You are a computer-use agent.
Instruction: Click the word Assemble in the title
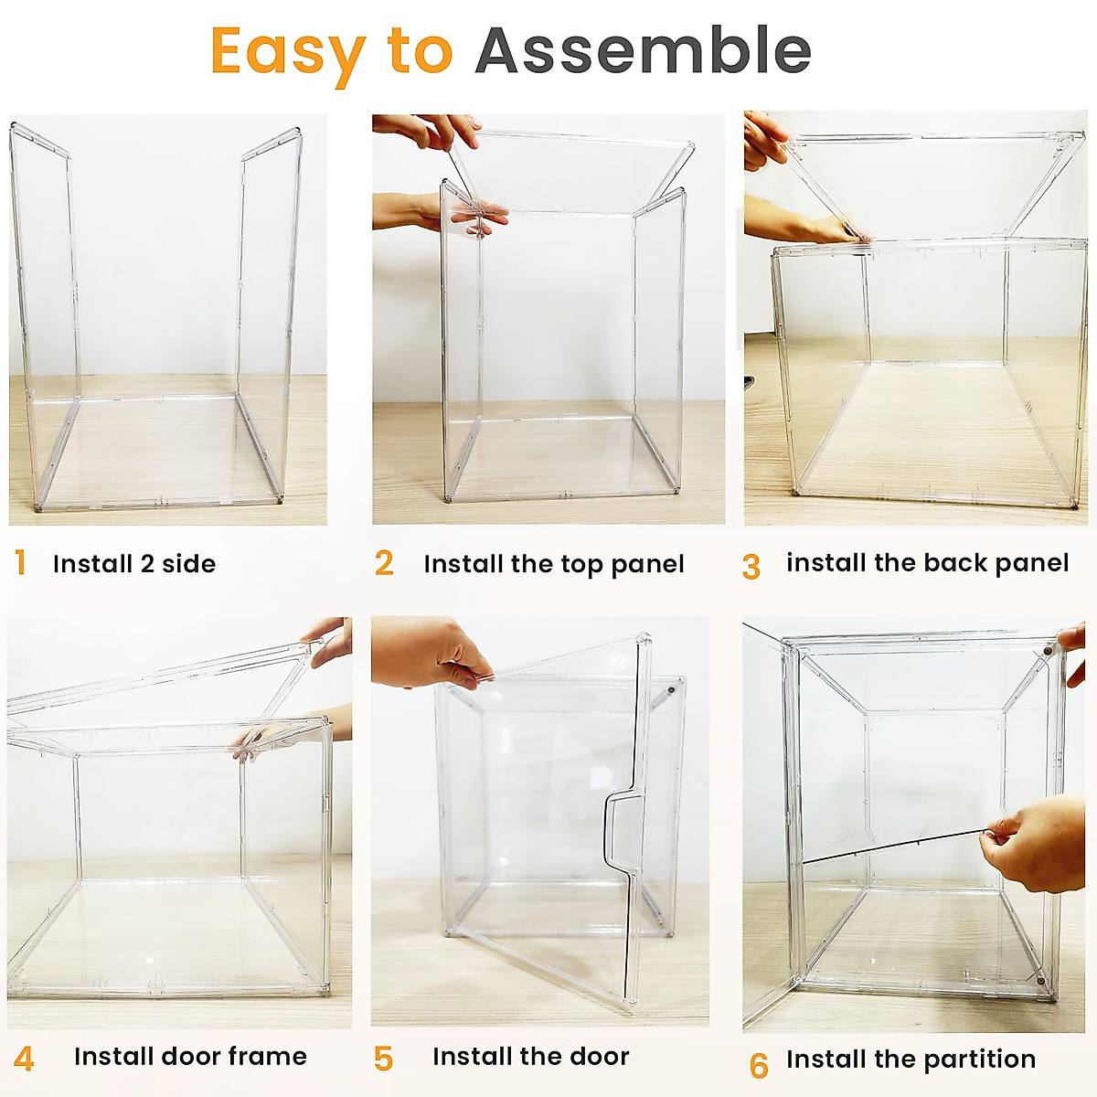click(643, 51)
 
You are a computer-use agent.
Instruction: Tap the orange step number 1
click(20, 563)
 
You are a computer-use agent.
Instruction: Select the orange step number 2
click(384, 563)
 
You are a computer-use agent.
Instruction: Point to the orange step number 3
click(751, 567)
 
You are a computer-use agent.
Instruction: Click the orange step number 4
click(24, 1059)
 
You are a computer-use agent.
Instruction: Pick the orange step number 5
click(384, 1059)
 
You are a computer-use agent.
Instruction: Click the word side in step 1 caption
click(188, 564)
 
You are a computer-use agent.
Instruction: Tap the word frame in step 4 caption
click(267, 1057)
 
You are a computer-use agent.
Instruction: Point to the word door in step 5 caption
click(599, 1057)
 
